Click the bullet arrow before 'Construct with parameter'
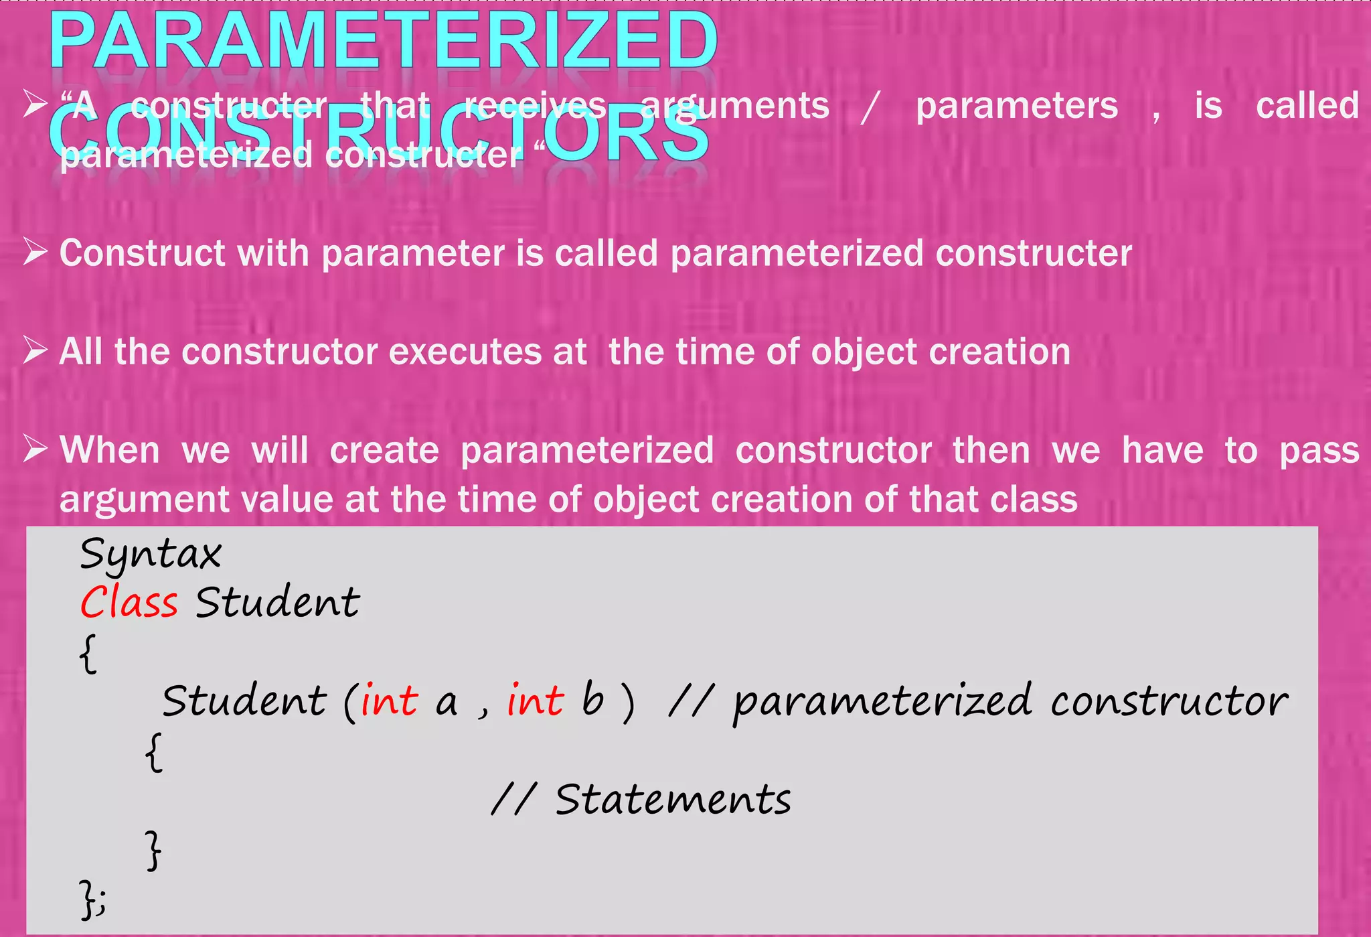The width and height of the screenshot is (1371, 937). [x=35, y=253]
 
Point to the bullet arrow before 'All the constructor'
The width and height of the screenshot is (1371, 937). [x=35, y=350]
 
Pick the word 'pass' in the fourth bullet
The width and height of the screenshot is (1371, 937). [x=1319, y=451]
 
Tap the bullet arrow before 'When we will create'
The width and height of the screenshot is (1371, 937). [x=35, y=449]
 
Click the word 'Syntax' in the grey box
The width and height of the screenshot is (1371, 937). [x=151, y=555]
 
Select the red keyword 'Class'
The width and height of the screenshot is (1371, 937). [x=129, y=602]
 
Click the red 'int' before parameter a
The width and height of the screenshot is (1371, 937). [x=389, y=701]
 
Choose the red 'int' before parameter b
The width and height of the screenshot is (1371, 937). [x=535, y=701]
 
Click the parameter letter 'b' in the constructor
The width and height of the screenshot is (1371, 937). [x=592, y=700]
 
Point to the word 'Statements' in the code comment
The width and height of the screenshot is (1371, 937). [x=673, y=800]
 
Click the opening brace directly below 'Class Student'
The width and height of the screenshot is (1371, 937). [x=88, y=653]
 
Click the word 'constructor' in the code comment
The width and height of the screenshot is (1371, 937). [x=1168, y=701]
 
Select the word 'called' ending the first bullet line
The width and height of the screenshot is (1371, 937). [x=1307, y=106]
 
